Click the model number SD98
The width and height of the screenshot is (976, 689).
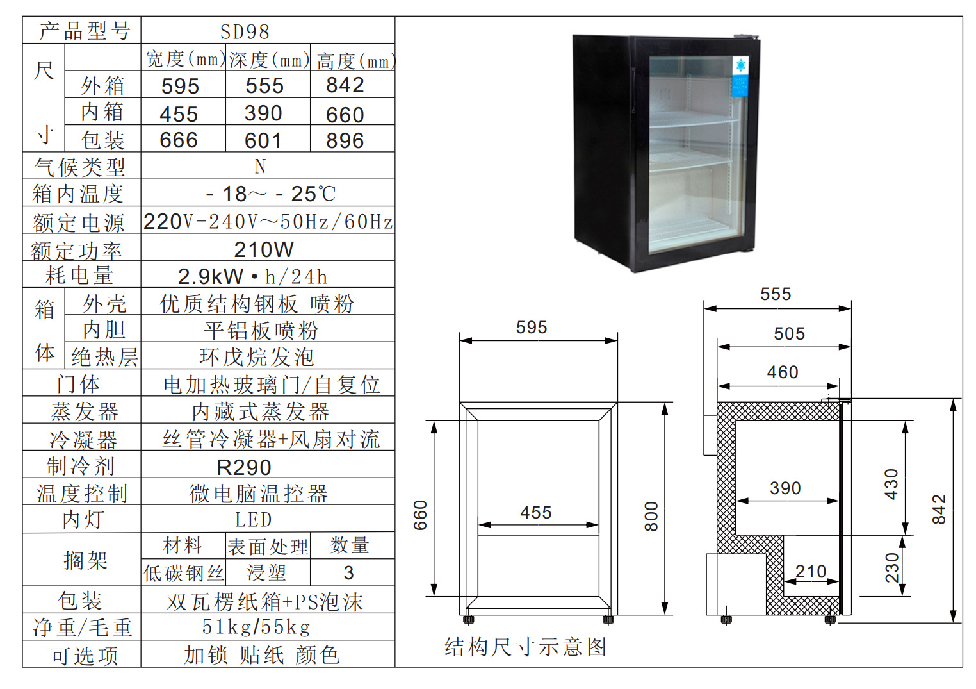tap(245, 31)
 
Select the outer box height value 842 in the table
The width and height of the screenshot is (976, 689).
tap(345, 85)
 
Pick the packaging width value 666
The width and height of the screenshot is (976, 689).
tap(179, 140)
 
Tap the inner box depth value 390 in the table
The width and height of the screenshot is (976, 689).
tap(263, 113)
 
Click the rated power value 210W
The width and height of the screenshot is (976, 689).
tap(264, 249)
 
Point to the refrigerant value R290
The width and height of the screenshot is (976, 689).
tap(244, 467)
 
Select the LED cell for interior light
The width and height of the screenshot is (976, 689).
tap(254, 520)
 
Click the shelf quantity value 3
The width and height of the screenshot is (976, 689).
tap(348, 572)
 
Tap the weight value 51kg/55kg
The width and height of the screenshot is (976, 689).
tap(256, 627)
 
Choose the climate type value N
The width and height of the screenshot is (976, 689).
tap(260, 167)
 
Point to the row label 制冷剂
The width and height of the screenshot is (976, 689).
tap(81, 466)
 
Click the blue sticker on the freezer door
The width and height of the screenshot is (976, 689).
tap(740, 76)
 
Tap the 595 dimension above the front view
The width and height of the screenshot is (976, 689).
tap(532, 328)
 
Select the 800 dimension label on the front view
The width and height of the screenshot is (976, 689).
tap(651, 517)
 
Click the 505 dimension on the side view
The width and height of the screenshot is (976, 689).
tap(789, 334)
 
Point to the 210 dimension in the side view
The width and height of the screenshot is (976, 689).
tap(811, 571)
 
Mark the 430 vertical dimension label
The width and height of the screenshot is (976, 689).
tap(891, 484)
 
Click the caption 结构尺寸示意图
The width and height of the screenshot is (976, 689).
tap(525, 647)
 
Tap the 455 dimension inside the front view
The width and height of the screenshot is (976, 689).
tap(536, 513)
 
